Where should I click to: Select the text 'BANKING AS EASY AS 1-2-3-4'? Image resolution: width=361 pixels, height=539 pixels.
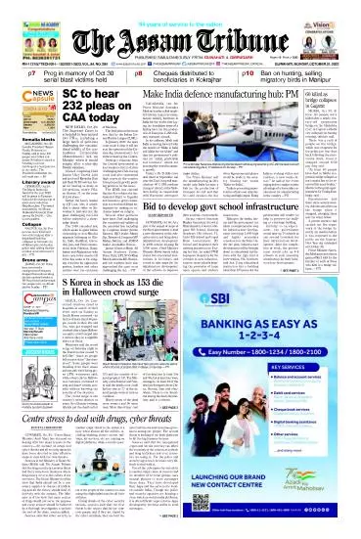click(x=279, y=350)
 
